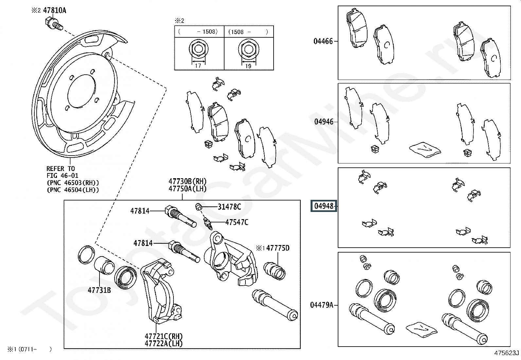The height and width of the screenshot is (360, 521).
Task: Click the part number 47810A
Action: [x=55, y=10]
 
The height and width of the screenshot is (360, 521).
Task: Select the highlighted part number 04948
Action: [x=324, y=206]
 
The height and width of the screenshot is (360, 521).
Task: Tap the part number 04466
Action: [x=323, y=42]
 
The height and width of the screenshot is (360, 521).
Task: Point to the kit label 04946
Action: [x=324, y=122]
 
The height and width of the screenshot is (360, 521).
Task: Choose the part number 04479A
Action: [x=322, y=305]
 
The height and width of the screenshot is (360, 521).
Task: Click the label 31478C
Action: [x=229, y=207]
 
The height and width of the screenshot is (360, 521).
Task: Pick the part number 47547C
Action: [x=237, y=222]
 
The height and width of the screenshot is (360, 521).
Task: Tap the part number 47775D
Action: [x=278, y=248]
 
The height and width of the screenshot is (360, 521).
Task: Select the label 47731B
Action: [x=99, y=290]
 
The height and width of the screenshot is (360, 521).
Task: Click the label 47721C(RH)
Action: [x=164, y=336]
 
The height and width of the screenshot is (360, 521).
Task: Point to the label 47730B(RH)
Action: [x=188, y=181]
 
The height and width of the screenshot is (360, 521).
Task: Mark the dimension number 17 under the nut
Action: [x=198, y=66]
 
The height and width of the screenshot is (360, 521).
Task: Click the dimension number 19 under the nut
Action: [x=248, y=66]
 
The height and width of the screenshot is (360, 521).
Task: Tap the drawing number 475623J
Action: [x=507, y=353]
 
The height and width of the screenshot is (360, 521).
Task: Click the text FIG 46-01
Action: [x=62, y=175]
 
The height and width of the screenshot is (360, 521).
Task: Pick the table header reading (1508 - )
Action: [x=248, y=32]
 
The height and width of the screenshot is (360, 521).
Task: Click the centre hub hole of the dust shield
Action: [x=81, y=91]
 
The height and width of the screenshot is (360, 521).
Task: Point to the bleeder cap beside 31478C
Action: [x=198, y=207]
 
